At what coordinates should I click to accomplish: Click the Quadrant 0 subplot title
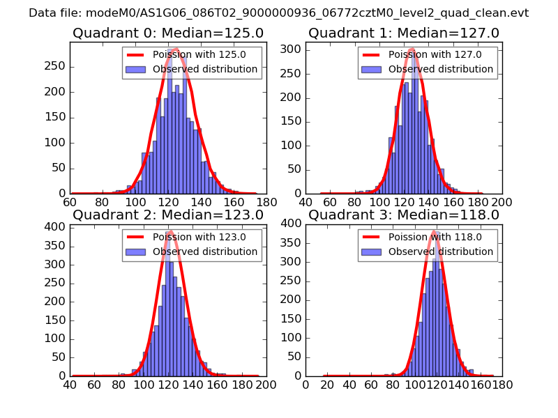pyautogui.click(x=168, y=33)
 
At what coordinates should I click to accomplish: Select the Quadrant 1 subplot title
pyautogui.click(x=404, y=33)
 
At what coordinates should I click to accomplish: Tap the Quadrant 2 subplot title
pyautogui.click(x=168, y=215)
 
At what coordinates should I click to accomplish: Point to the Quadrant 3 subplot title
pyautogui.click(x=404, y=215)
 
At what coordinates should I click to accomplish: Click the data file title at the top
pyautogui.click(x=278, y=13)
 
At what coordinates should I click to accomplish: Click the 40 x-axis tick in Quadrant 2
pyautogui.click(x=70, y=385)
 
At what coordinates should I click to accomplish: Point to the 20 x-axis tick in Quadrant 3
pyautogui.click(x=325, y=385)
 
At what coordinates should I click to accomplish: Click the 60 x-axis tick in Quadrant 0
pyautogui.click(x=70, y=202)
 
